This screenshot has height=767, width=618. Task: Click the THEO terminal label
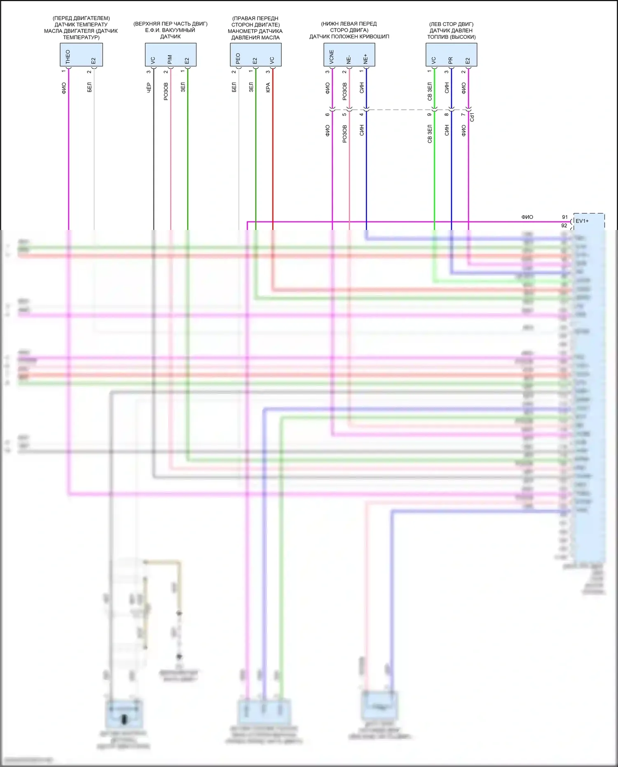(x=68, y=56)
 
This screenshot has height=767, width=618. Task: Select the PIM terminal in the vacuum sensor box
(x=170, y=59)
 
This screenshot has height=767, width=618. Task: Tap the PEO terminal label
(x=238, y=58)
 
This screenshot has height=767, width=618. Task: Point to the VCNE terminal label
(x=331, y=57)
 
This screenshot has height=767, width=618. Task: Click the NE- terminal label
(x=349, y=59)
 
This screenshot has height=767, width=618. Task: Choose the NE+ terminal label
(x=365, y=59)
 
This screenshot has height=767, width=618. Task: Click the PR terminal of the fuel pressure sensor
(x=450, y=60)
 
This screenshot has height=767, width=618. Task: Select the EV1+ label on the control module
(x=582, y=221)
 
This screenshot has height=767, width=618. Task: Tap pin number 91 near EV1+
(x=565, y=217)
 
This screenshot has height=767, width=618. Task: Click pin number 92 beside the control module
(x=564, y=225)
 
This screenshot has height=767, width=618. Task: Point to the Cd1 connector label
(x=472, y=117)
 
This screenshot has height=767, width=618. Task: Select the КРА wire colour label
(x=268, y=88)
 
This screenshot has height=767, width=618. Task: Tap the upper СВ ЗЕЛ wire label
(x=430, y=91)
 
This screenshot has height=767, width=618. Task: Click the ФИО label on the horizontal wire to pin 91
(x=527, y=217)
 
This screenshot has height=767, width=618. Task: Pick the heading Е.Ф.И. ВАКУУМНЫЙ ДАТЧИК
(x=170, y=33)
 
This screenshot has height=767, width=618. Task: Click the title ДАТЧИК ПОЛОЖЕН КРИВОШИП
(x=349, y=37)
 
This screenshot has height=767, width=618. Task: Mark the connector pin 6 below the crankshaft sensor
(x=328, y=115)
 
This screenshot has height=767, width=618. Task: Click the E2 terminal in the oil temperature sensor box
(x=93, y=61)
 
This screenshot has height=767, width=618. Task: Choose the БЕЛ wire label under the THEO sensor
(x=89, y=87)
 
